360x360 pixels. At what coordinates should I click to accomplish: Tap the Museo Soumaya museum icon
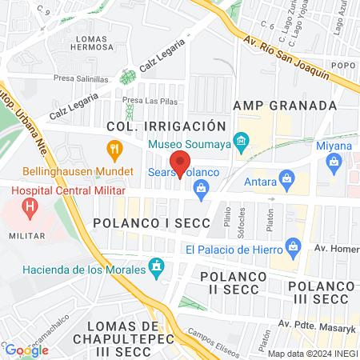click(x=240, y=144)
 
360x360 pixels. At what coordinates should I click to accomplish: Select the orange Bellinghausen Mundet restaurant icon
click(x=115, y=148)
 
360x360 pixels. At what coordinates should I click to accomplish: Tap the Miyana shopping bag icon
click(x=334, y=162)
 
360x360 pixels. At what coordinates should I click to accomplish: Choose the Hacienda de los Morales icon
click(x=157, y=265)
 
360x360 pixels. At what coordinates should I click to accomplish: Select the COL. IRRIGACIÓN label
click(x=173, y=126)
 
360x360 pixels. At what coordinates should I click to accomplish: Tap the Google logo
click(x=26, y=350)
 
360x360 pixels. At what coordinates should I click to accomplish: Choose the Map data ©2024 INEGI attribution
click(x=312, y=354)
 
